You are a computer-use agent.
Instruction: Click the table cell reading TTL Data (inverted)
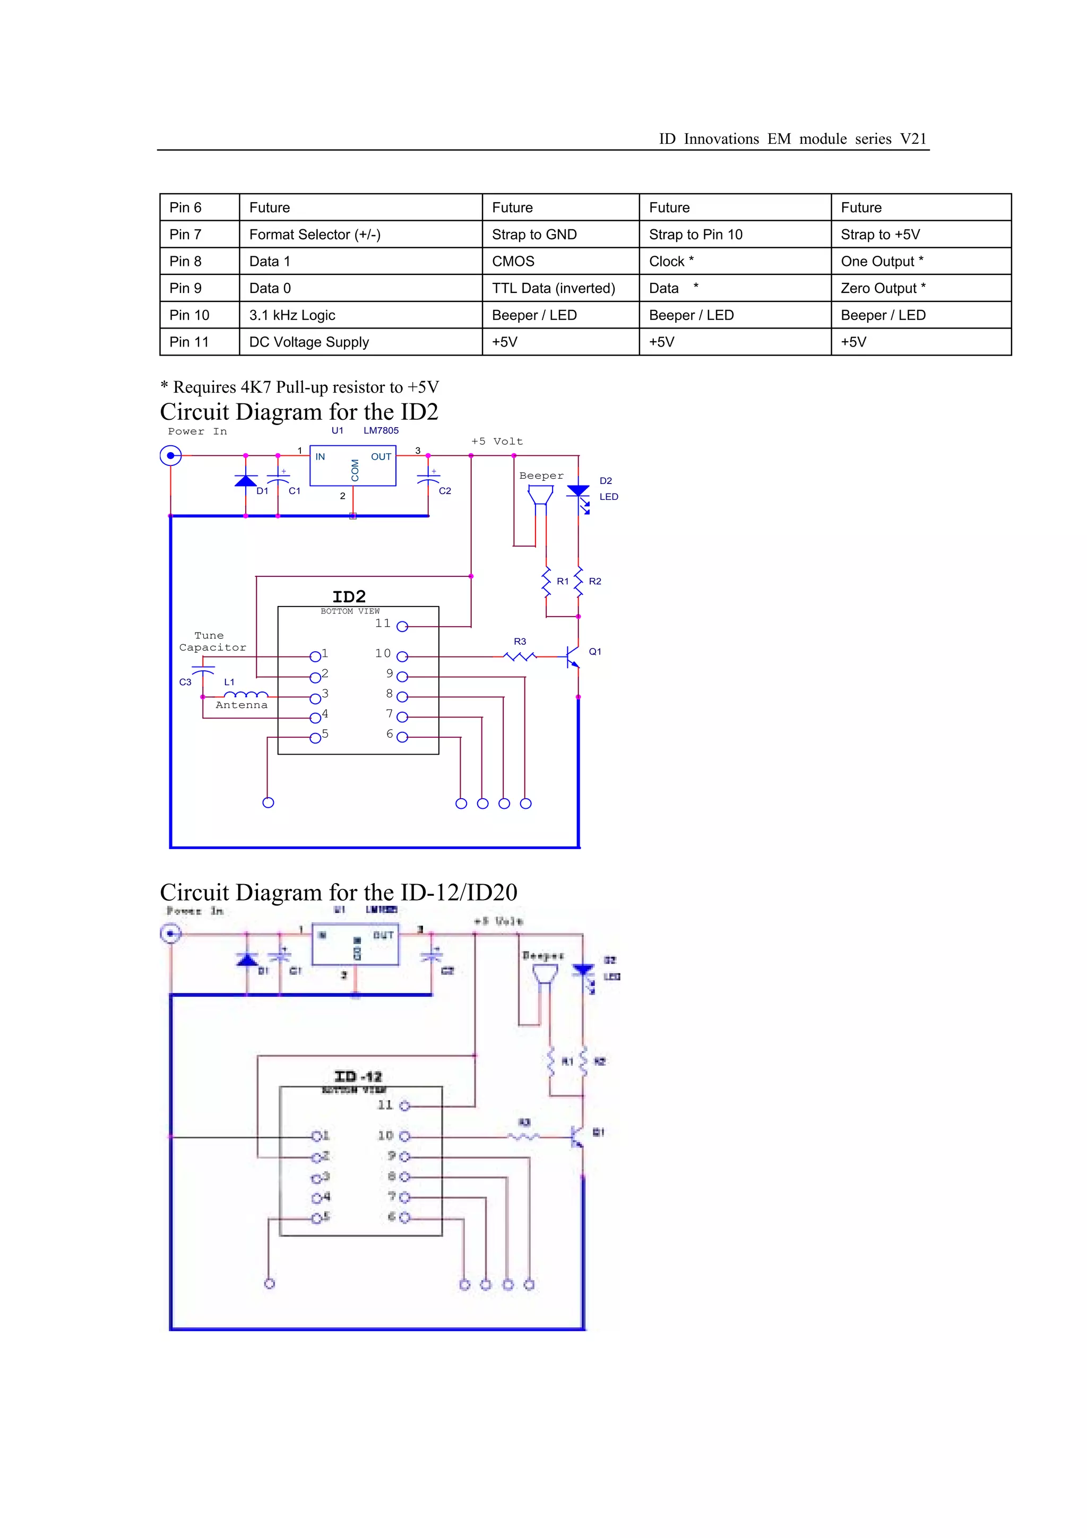point(553,288)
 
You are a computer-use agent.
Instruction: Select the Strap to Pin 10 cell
point(695,235)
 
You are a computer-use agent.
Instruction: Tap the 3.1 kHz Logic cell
point(292,315)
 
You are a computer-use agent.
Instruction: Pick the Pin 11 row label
point(189,342)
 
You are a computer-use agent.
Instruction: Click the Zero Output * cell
point(883,288)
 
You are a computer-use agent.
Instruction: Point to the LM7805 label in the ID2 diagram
point(381,431)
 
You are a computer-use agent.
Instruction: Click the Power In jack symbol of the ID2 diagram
point(171,455)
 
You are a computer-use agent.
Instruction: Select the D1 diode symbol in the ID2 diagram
point(246,481)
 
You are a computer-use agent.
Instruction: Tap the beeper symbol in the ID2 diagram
point(540,496)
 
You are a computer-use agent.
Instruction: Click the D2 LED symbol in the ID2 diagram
point(579,492)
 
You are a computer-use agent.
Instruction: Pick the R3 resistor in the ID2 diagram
point(520,656)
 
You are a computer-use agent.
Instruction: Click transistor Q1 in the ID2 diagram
point(573,656)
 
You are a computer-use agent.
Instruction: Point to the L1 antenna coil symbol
point(246,695)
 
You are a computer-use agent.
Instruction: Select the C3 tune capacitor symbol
point(203,670)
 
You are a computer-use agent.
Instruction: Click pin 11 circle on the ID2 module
point(402,626)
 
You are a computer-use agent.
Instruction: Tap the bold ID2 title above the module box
point(349,596)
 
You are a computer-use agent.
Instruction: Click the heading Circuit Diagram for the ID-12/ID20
point(338,892)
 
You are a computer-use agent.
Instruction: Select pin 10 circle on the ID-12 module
point(404,1136)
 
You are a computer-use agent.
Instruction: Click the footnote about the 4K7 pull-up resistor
point(299,387)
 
